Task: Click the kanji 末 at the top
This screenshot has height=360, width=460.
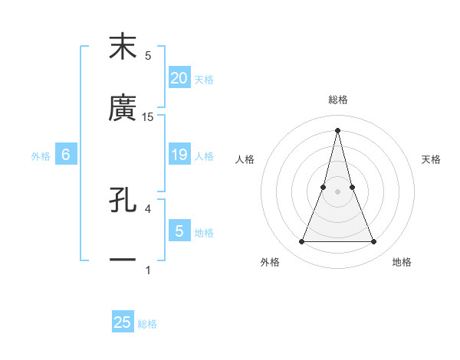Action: pos(123,47)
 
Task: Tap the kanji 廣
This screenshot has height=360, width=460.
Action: pos(123,108)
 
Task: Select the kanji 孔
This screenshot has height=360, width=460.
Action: pos(123,201)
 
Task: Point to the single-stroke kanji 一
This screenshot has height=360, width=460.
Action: pos(123,260)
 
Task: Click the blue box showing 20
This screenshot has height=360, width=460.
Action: pos(179,77)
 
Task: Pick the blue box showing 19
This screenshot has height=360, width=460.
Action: pos(179,155)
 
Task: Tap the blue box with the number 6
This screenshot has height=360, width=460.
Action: pos(65,155)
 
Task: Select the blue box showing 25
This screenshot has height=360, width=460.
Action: pos(123,322)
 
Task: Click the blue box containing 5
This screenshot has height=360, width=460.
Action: pos(179,231)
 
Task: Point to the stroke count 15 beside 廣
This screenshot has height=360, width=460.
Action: pos(148,116)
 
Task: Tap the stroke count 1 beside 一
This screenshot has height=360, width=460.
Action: pos(148,270)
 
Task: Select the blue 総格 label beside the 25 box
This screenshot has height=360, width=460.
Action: pos(147,324)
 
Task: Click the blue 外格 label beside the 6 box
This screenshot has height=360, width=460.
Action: pos(41,156)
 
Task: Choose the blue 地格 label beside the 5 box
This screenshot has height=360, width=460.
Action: pos(204,233)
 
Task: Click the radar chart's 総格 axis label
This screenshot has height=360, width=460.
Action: pos(337,100)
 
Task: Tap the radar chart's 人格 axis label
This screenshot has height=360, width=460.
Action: pos(245,159)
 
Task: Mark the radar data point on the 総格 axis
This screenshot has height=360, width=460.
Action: pos(337,130)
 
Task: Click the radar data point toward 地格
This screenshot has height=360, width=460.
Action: pos(374,242)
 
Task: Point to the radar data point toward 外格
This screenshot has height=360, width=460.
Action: pos(301,242)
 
